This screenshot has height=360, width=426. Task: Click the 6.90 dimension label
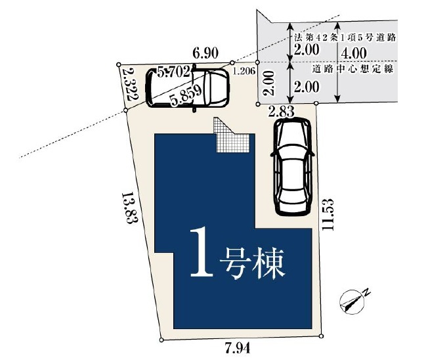click(x=205, y=53)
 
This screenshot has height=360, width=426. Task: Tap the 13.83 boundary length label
click(x=129, y=208)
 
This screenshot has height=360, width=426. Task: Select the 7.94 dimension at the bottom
click(x=237, y=348)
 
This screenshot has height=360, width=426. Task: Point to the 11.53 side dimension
click(x=327, y=214)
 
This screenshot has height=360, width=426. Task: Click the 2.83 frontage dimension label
click(x=281, y=112)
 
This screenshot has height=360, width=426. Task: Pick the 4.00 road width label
click(x=354, y=53)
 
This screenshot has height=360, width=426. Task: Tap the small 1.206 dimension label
click(x=244, y=71)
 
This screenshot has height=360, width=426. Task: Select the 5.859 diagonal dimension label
click(x=186, y=95)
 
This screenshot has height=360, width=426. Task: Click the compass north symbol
click(x=353, y=301)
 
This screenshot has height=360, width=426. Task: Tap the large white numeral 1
click(x=202, y=252)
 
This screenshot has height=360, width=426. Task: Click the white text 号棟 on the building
click(x=252, y=263)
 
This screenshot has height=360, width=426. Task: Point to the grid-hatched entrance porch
click(x=231, y=135)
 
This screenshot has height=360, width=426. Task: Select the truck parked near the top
click(x=188, y=88)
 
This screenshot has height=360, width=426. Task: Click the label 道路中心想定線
click(x=352, y=69)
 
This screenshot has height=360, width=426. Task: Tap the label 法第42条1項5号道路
click(x=345, y=37)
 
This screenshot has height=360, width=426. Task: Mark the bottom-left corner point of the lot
click(x=161, y=340)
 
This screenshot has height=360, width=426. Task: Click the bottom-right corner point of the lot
click(x=322, y=336)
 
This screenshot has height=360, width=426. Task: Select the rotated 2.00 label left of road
click(x=269, y=83)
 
